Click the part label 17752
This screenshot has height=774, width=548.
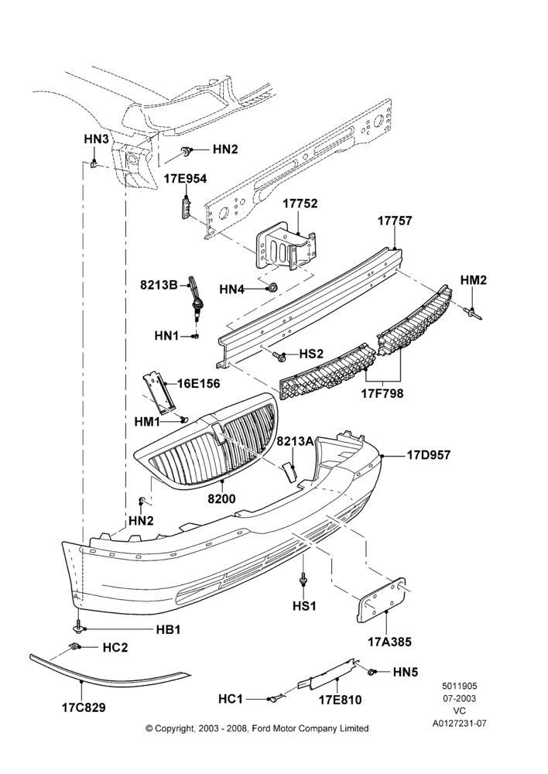[300, 204]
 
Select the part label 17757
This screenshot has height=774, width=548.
[395, 221]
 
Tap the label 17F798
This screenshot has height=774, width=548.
[382, 393]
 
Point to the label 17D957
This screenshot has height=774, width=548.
[429, 454]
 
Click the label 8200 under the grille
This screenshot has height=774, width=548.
[221, 499]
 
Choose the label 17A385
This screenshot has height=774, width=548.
[389, 642]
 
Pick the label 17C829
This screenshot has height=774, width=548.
[84, 708]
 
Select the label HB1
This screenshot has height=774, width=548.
[169, 630]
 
